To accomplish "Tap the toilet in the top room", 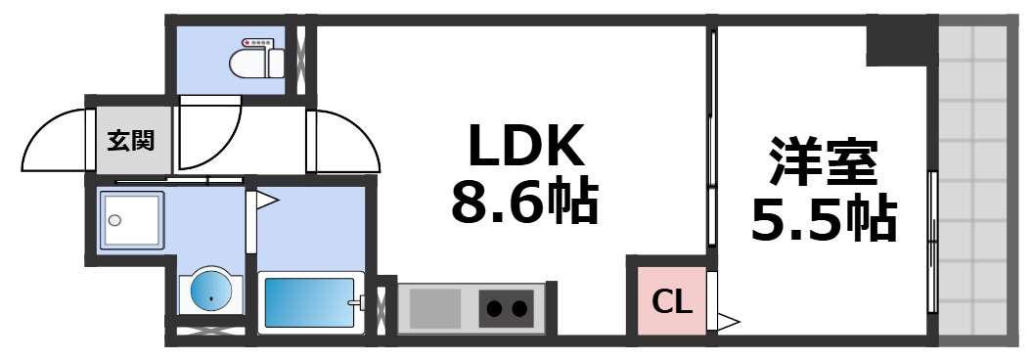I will pyautogui.click(x=257, y=62).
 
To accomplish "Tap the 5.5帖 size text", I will pyautogui.click(x=823, y=219).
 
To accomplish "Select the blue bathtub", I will pyautogui.click(x=309, y=303).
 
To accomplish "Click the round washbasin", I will pyautogui.click(x=209, y=292).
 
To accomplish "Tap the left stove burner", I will pyautogui.click(x=494, y=310).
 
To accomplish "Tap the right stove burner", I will pyautogui.click(x=519, y=310).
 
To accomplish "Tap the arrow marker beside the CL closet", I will pyautogui.click(x=728, y=319).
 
